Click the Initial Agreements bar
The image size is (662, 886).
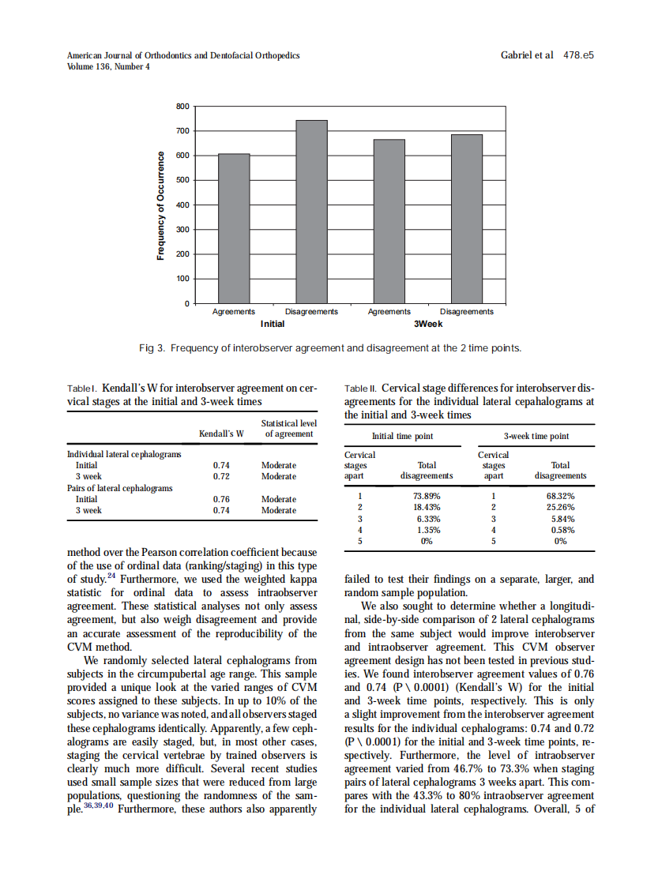pyautogui.click(x=234, y=228)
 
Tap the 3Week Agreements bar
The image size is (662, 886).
pyautogui.click(x=389, y=221)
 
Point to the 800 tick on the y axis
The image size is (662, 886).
pyautogui.click(x=182, y=106)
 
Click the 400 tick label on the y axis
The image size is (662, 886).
pyautogui.click(x=182, y=205)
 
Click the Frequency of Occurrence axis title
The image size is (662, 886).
pyautogui.click(x=160, y=205)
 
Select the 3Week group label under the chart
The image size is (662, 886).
pyautogui.click(x=427, y=324)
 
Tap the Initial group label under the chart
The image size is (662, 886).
pyautogui.click(x=273, y=324)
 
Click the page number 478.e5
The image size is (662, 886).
pyautogui.click(x=578, y=55)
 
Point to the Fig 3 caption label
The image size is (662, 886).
pyautogui.click(x=151, y=347)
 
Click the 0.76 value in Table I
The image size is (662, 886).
pyautogui.click(x=222, y=499)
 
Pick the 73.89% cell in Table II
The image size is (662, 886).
pyautogui.click(x=427, y=496)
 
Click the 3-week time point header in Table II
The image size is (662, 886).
pyautogui.click(x=536, y=436)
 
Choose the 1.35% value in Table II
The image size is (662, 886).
pyautogui.click(x=427, y=531)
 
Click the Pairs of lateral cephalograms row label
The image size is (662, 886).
pyautogui.click(x=118, y=488)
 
